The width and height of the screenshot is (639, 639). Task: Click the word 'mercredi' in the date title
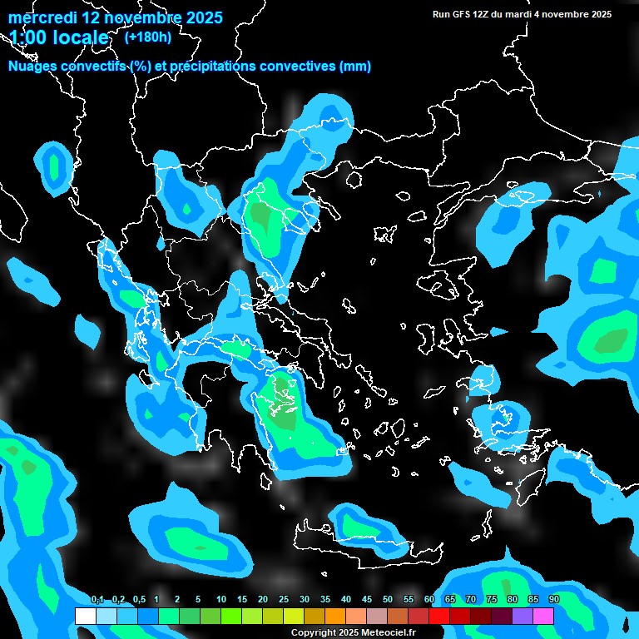tap(42, 17)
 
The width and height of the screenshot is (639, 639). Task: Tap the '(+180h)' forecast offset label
tap(149, 37)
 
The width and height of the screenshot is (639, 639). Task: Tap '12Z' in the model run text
tap(482, 14)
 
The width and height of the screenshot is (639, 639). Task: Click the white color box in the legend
tap(85, 616)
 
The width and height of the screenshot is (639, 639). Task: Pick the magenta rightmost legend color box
tap(543, 616)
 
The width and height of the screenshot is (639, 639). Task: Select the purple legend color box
tap(523, 616)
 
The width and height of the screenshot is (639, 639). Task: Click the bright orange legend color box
tap(334, 616)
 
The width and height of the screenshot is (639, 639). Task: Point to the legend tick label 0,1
tap(97, 600)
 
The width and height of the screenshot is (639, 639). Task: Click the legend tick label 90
tap(554, 600)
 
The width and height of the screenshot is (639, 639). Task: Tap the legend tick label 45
tap(367, 600)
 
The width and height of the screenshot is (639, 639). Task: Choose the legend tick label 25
tap(284, 600)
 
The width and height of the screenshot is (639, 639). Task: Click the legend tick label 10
tap(221, 600)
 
